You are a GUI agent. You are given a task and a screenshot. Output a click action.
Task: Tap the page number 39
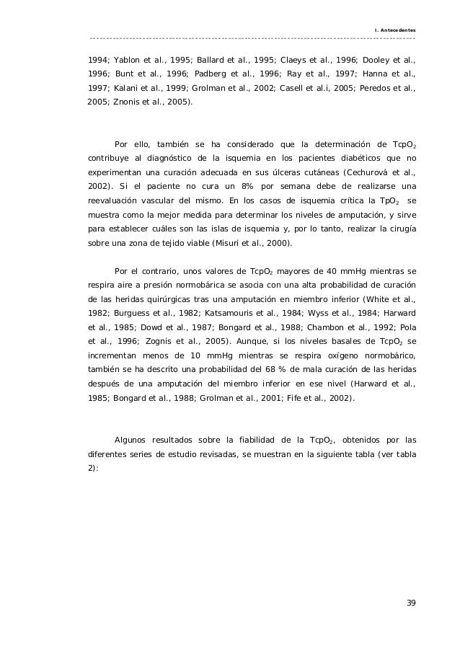pos(411,603)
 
